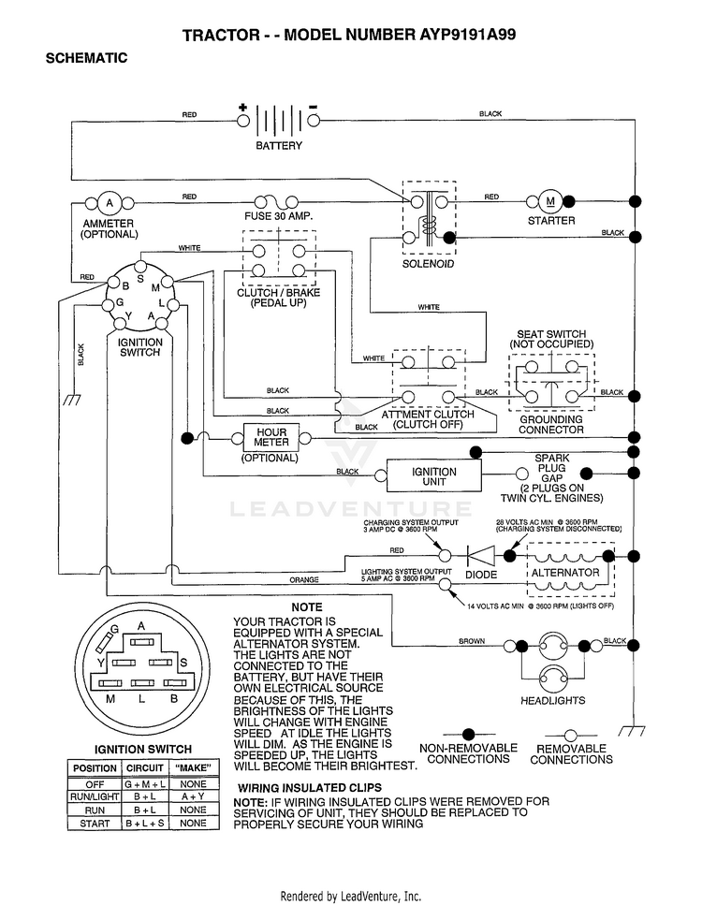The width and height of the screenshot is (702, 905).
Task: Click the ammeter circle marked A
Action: [110, 202]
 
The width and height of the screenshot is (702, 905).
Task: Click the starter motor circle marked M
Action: [550, 201]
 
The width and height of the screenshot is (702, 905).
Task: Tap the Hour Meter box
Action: [271, 438]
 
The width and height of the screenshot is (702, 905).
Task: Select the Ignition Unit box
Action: [433, 476]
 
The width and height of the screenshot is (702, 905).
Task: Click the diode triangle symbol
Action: [481, 556]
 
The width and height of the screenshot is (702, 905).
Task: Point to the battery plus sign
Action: [243, 108]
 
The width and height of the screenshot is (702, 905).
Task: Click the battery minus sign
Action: [313, 107]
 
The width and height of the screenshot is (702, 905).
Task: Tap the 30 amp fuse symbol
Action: [277, 202]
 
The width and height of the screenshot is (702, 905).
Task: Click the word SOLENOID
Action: [428, 264]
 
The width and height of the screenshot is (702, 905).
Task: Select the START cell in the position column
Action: [95, 824]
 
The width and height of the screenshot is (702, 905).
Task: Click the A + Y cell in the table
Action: [193, 796]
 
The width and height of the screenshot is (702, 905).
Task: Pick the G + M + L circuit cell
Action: [144, 783]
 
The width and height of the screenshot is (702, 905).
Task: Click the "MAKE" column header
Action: [193, 768]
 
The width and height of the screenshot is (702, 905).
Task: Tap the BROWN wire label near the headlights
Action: [472, 641]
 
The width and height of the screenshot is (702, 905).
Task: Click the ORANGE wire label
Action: [303, 579]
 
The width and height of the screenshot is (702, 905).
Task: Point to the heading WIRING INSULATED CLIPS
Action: [310, 788]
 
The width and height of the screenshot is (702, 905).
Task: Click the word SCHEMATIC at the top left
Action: [87, 58]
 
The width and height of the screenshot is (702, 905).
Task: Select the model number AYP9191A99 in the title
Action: [465, 35]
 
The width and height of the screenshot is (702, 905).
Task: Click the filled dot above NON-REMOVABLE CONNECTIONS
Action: [468, 734]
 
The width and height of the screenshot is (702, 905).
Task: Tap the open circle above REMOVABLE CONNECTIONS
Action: [570, 736]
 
